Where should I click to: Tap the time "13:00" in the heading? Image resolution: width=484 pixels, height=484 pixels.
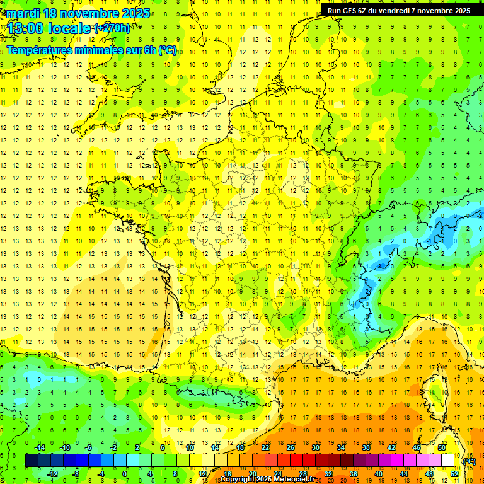tap(26, 28)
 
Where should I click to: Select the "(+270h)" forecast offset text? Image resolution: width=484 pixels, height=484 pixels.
tap(112, 28)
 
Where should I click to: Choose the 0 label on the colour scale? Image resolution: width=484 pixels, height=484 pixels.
tap(124, 474)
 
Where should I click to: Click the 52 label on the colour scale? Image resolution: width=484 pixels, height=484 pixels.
tap(454, 474)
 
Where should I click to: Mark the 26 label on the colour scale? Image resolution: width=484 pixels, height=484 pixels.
tap(290, 447)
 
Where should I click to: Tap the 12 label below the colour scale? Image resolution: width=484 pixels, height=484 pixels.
tap(203, 474)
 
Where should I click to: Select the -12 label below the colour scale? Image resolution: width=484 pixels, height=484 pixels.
tap(52, 474)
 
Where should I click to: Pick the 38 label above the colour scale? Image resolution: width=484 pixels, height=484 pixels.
tap(366, 447)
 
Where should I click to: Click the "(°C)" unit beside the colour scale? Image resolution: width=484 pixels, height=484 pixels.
tap(469, 461)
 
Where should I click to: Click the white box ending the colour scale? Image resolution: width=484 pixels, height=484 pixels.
tap(448, 461)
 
